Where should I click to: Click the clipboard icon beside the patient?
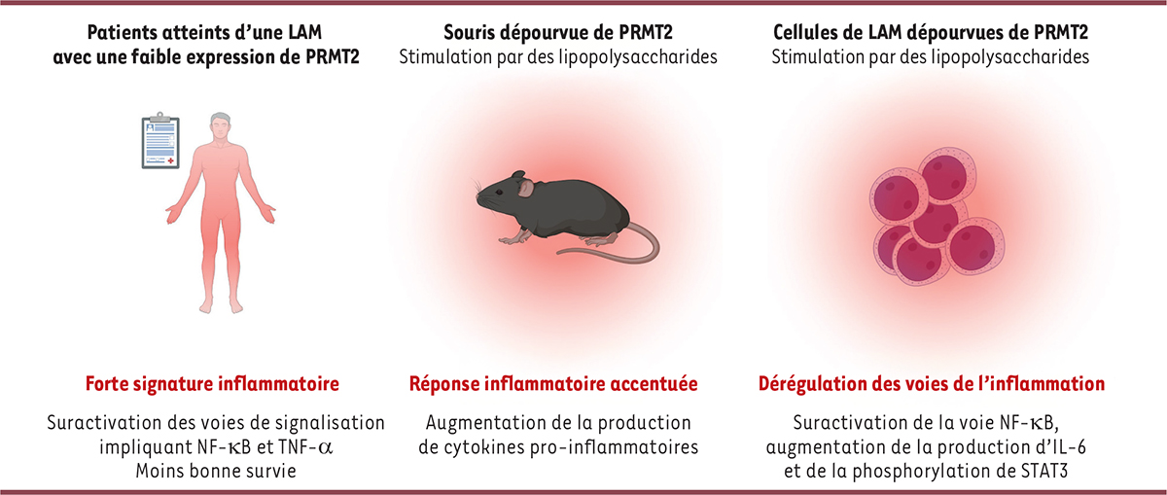(x=160, y=141)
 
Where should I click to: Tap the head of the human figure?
(x=221, y=125)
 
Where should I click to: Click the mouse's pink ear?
(x=526, y=188)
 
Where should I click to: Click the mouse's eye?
(x=499, y=193)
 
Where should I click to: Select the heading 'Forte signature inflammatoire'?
(x=212, y=384)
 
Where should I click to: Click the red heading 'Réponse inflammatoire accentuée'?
(x=553, y=384)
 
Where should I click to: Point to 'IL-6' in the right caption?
(x=1068, y=447)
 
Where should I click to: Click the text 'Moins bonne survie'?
(x=216, y=471)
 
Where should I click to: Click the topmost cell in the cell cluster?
(x=947, y=176)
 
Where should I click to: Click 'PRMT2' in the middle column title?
(x=646, y=32)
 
